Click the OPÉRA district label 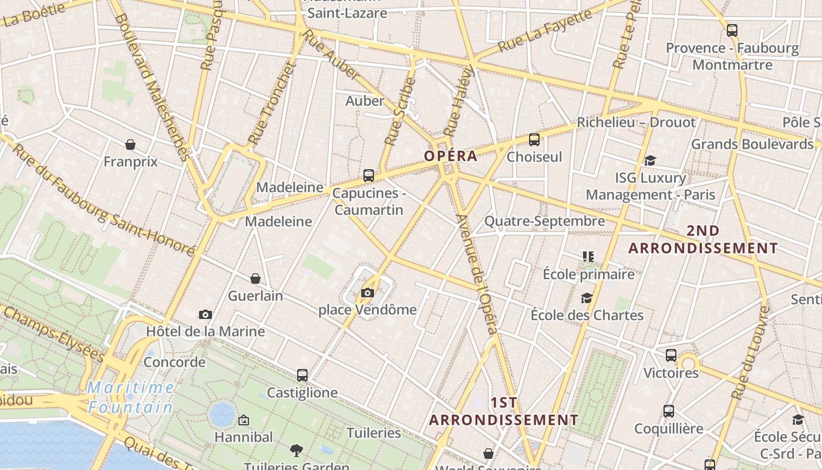click(x=451, y=156)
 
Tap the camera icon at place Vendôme click(x=368, y=293)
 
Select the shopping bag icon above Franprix click(x=130, y=144)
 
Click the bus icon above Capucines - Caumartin click(x=369, y=175)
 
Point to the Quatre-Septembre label click(x=544, y=221)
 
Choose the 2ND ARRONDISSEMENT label click(x=703, y=240)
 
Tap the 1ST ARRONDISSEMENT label click(x=504, y=411)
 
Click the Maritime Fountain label click(x=131, y=397)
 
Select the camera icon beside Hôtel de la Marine click(x=205, y=314)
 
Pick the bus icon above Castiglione click(x=302, y=375)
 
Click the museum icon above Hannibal click(x=244, y=420)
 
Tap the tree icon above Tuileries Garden click(x=297, y=451)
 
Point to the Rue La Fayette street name click(x=545, y=31)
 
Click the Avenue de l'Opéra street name click(x=477, y=275)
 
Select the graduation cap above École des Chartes click(x=587, y=298)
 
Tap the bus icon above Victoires click(x=671, y=355)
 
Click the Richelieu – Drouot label click(x=636, y=122)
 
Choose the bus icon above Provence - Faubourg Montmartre click(x=732, y=31)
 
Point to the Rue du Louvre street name click(x=751, y=352)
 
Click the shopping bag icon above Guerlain click(x=255, y=278)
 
